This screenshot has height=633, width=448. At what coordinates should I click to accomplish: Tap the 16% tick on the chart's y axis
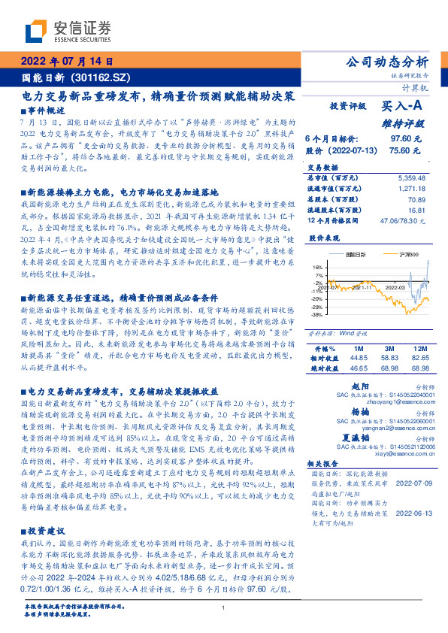pos(318,266)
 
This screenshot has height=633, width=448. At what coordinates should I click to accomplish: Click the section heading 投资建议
pos(50,529)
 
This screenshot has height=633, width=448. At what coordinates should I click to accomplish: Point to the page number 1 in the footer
pos(224,609)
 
